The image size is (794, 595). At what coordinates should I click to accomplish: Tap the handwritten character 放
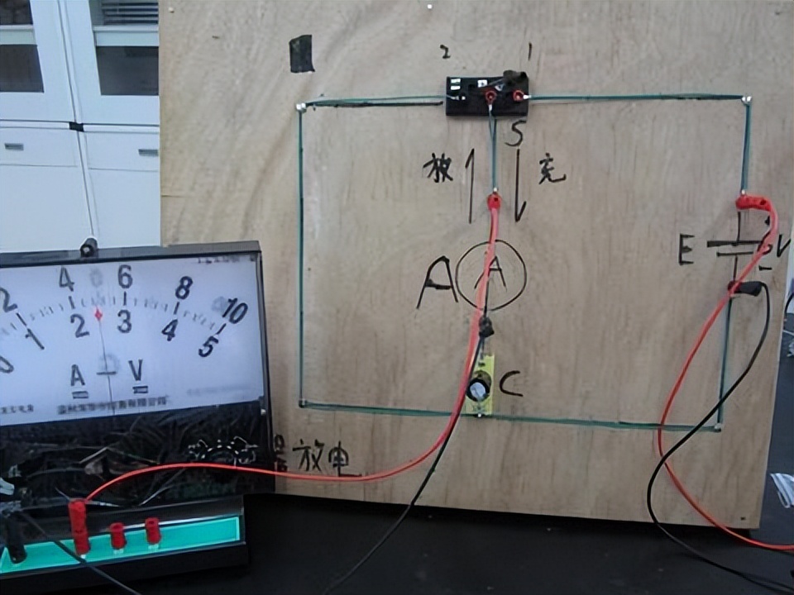(x=438, y=169)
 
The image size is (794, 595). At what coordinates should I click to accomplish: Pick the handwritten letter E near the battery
(x=686, y=248)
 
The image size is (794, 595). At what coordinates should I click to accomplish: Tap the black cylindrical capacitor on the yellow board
(x=477, y=387)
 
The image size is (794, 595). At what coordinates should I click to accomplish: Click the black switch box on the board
(x=486, y=96)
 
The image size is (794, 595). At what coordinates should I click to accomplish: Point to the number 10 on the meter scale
(x=234, y=312)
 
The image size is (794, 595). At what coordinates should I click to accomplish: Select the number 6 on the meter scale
(x=125, y=276)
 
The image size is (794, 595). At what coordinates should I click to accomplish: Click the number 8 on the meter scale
(x=184, y=287)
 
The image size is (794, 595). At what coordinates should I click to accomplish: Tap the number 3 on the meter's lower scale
(x=125, y=321)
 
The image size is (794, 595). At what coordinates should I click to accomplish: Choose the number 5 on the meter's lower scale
(x=208, y=345)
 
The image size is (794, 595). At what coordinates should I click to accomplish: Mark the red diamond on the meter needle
(x=98, y=314)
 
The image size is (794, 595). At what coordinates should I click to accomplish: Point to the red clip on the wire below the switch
(x=494, y=200)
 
